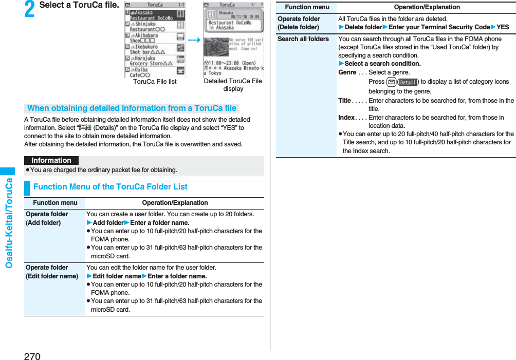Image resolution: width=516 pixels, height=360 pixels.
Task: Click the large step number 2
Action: [30, 10]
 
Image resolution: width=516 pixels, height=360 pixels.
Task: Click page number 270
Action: [32, 355]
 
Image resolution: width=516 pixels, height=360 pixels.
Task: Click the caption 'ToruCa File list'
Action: [155, 82]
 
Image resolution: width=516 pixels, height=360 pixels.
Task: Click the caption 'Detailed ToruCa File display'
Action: [233, 85]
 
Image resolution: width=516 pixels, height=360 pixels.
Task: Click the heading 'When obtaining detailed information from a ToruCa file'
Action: [132, 108]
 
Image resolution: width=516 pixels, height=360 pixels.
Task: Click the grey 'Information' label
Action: [51, 160]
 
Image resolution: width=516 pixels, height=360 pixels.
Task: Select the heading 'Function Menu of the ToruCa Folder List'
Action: [110, 187]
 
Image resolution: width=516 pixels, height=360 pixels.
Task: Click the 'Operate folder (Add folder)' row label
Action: [47, 218]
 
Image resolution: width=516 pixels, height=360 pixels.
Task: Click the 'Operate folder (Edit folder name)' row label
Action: [51, 272]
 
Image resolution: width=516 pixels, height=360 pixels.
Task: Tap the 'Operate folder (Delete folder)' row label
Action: [299, 23]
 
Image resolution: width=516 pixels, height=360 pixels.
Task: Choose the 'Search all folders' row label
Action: [303, 39]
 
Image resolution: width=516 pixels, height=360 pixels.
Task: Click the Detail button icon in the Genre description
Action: [408, 82]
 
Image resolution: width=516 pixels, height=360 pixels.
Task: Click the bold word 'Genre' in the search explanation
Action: [347, 72]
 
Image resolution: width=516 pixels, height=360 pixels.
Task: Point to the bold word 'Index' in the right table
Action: [346, 118]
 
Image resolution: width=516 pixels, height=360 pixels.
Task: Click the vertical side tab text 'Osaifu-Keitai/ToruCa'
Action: [9, 223]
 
